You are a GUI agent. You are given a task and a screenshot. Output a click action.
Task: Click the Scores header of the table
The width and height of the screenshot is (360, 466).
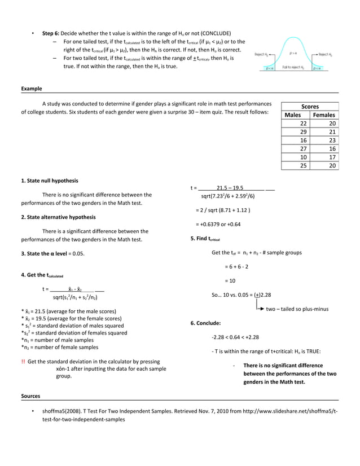click(x=310, y=106)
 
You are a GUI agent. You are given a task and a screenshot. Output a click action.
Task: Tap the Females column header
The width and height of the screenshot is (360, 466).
click(x=324, y=115)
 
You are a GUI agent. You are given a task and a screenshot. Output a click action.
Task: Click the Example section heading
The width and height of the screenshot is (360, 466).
click(x=31, y=89)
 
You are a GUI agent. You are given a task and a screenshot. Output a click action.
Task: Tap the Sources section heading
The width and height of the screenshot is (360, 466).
click(x=31, y=396)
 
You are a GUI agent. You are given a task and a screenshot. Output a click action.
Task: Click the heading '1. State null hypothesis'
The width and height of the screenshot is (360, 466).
click(x=50, y=181)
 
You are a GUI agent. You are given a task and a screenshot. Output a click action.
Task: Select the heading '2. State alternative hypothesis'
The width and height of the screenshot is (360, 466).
click(x=58, y=217)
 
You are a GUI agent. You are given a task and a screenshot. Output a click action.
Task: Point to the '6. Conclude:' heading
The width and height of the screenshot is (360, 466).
click(x=205, y=323)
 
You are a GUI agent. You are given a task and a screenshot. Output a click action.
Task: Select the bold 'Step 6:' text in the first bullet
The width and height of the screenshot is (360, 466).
click(x=51, y=33)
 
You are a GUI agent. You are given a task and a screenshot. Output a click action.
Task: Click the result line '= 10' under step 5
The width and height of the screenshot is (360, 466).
click(x=230, y=280)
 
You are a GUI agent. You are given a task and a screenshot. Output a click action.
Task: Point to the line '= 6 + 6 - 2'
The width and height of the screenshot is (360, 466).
click(x=237, y=266)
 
